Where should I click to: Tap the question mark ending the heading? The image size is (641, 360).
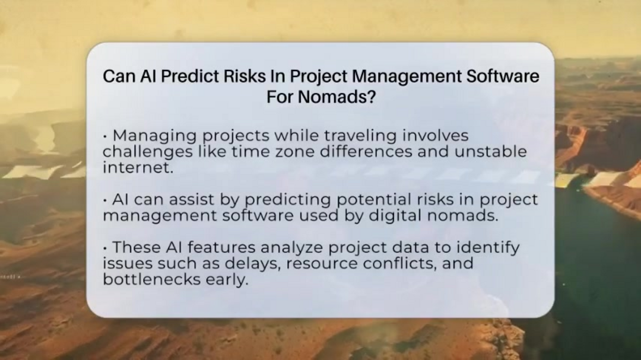tap(371, 97)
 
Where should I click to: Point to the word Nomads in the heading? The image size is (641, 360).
tap(335, 97)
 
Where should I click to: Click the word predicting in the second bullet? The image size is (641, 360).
tap(288, 200)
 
